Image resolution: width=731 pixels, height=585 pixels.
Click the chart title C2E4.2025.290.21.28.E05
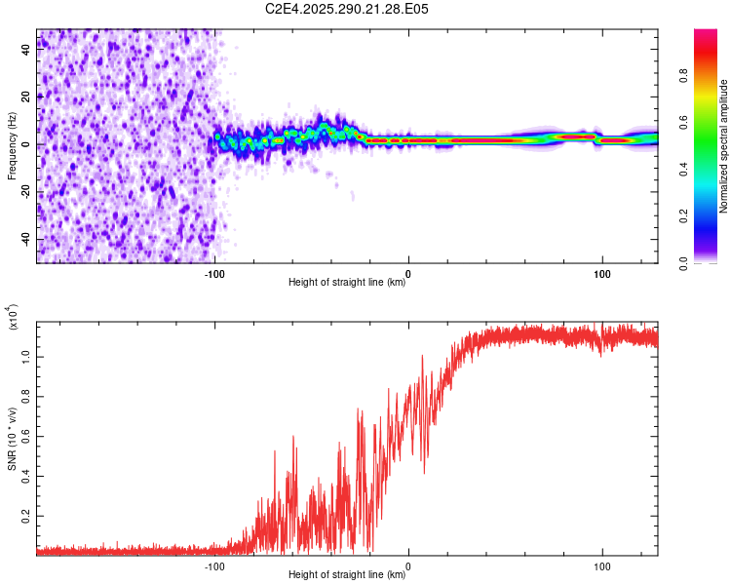(x=348, y=9)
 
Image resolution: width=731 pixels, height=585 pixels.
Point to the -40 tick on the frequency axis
(x=25, y=240)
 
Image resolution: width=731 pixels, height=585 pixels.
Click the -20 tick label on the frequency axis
(x=25, y=192)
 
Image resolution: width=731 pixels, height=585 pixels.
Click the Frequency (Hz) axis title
(x=12, y=144)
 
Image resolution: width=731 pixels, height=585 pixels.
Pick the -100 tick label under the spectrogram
(x=214, y=274)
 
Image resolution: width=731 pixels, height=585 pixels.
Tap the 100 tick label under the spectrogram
(x=602, y=274)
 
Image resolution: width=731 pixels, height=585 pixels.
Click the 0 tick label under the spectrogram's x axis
(x=408, y=274)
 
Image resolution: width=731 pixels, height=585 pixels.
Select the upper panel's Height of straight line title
(x=347, y=283)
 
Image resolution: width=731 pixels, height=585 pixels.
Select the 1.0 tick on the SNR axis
(x=26, y=357)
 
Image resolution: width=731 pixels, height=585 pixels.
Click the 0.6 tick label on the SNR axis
(x=26, y=437)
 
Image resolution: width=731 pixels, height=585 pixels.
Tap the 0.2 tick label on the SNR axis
(x=26, y=516)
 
